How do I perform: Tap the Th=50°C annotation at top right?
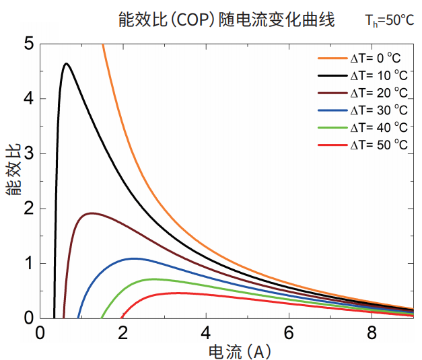390,20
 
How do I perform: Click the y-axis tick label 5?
28,44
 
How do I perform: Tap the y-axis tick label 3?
28,154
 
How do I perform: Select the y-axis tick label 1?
28,263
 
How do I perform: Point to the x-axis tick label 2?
123,332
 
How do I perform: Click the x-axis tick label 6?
289,332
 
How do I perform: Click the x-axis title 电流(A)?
240,351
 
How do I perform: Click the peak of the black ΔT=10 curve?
66,64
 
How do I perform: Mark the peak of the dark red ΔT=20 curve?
90,213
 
